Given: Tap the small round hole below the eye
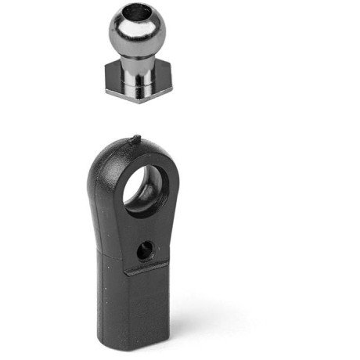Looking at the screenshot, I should pyautogui.click(x=144, y=250).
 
